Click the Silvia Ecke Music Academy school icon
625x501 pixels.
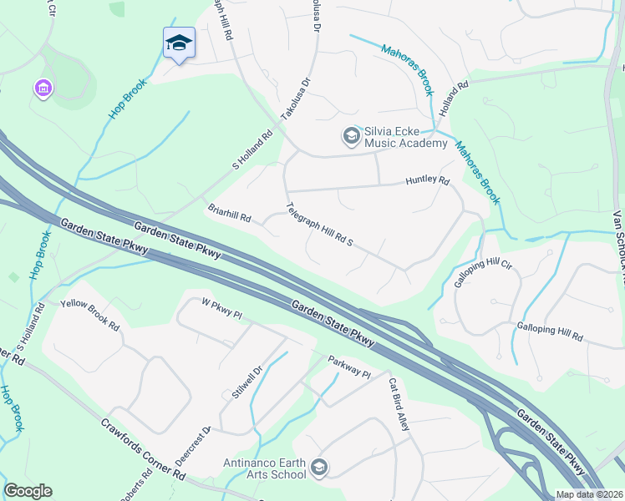[x=351, y=134]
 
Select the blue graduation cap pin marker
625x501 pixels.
[x=179, y=43]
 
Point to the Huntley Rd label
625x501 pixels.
[x=427, y=180]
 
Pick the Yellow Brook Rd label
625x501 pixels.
[x=89, y=313]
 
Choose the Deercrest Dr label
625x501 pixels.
[x=194, y=447]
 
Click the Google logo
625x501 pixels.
[x=28, y=491]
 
